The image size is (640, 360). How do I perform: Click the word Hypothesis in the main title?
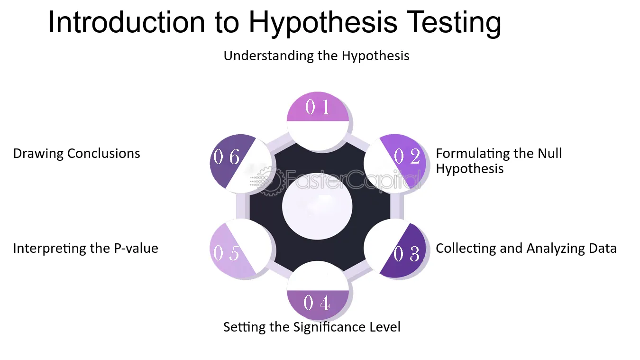(323, 23)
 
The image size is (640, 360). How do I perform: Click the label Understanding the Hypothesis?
(316, 56)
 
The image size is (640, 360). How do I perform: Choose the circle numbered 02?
(395, 162)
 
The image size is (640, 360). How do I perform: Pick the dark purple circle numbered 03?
(395, 248)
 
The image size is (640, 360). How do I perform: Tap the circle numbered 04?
(318, 290)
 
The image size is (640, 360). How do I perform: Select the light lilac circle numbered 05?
(240, 248)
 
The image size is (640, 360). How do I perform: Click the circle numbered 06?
(240, 162)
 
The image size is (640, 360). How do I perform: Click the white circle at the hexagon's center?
(317, 206)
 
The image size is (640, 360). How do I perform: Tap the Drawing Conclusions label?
(77, 154)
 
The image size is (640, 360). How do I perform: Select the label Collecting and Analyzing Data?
(526, 249)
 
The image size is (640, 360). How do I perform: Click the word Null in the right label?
(550, 153)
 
